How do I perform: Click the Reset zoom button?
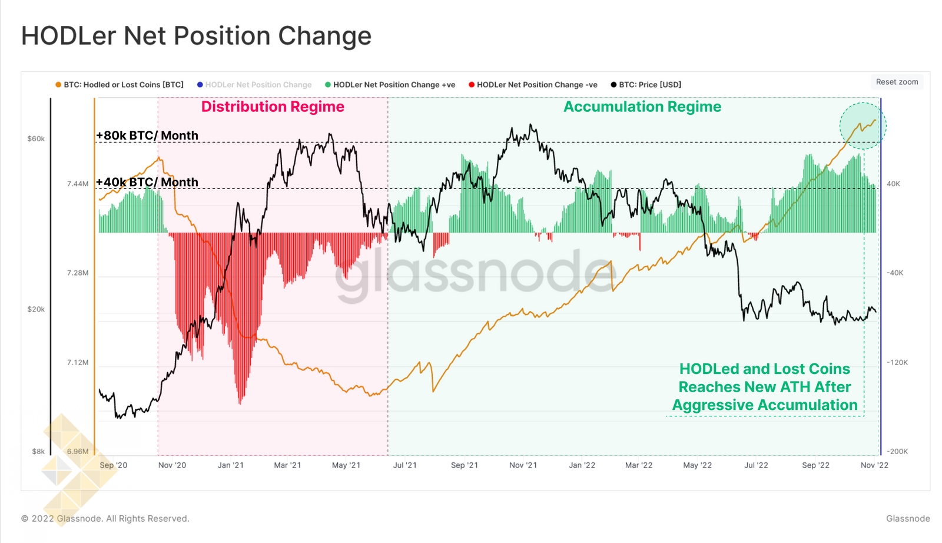(x=897, y=82)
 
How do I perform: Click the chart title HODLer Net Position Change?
(x=196, y=36)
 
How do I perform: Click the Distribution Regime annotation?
(x=273, y=107)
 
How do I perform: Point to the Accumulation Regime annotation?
(x=642, y=107)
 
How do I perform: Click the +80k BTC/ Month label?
(x=147, y=135)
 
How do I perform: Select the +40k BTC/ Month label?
(x=147, y=182)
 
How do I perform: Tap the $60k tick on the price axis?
(x=36, y=139)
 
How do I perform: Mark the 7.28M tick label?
(x=78, y=273)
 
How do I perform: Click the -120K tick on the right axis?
(x=897, y=362)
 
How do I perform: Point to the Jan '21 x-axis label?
(x=230, y=465)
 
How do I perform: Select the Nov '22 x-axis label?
(x=874, y=465)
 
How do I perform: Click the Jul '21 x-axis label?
(x=404, y=465)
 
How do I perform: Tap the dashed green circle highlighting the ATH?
(x=863, y=126)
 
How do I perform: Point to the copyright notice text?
(x=105, y=519)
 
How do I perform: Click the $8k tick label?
(x=38, y=452)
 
